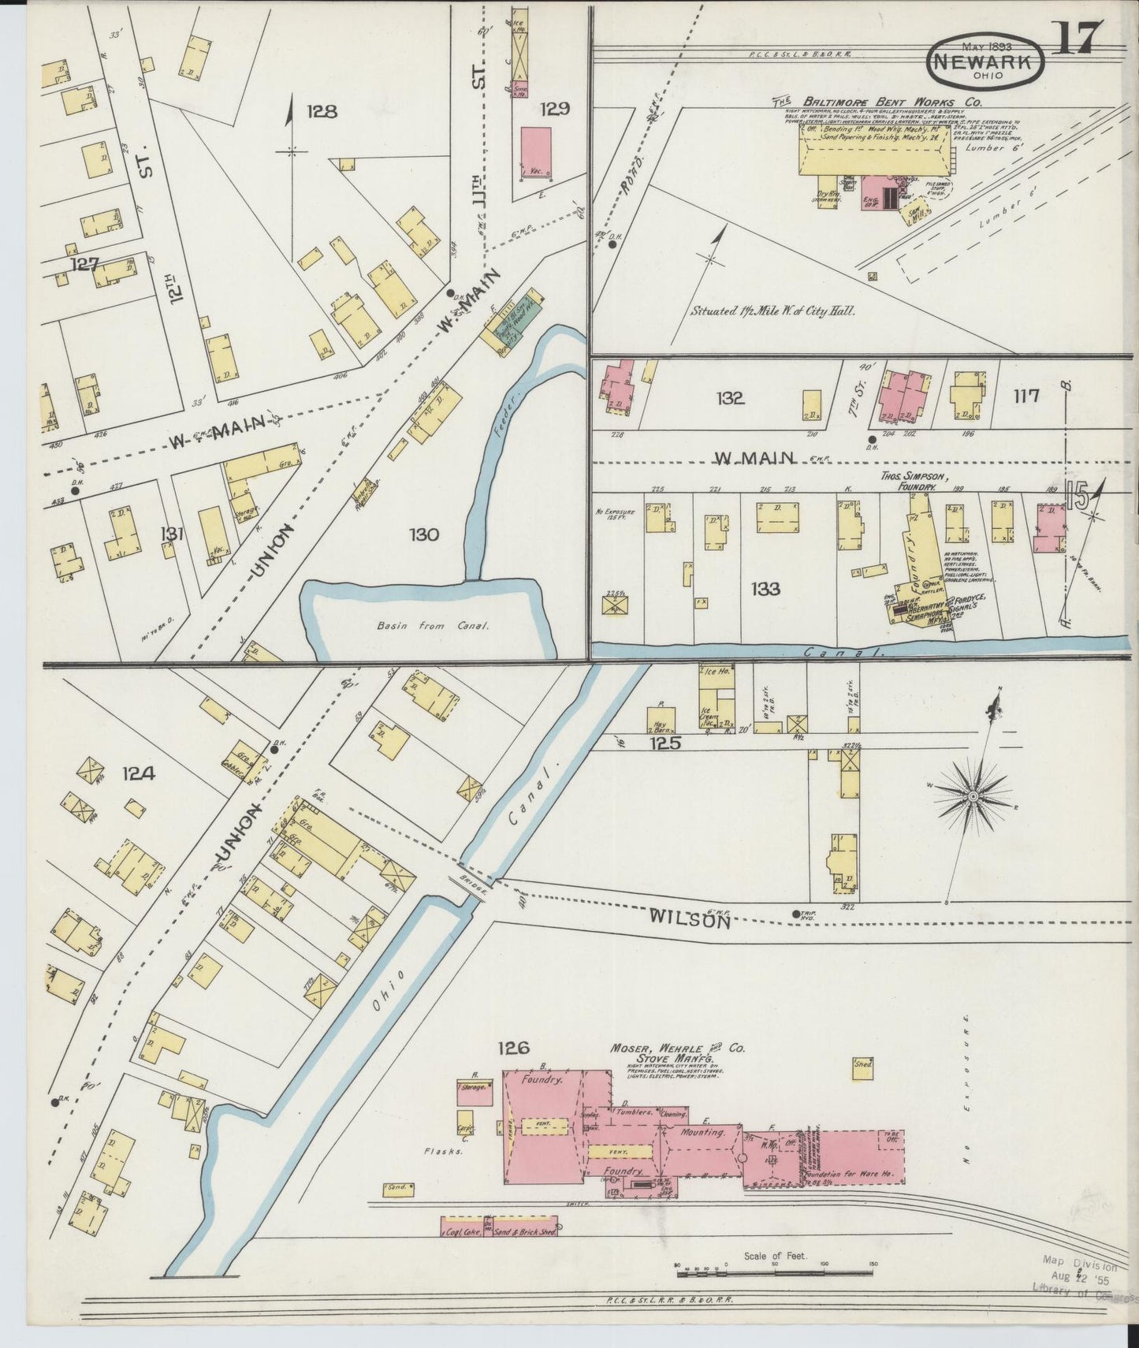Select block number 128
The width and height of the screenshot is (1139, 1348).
322,111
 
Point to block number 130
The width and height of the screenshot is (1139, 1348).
423,535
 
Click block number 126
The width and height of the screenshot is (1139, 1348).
513,1048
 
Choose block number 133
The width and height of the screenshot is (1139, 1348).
765,588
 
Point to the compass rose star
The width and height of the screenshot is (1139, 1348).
973,796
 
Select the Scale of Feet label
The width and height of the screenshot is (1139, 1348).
776,1255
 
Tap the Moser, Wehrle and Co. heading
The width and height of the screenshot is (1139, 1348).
676,1049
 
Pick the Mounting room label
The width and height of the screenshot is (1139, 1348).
703,1132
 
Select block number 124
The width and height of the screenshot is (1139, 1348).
138,773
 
